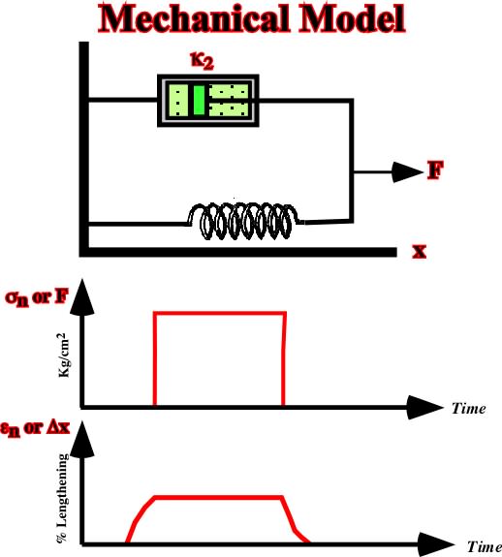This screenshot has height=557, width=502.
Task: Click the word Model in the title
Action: (353, 18)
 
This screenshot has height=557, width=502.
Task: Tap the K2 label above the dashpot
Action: (203, 61)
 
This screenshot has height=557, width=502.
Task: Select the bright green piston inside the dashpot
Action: (199, 100)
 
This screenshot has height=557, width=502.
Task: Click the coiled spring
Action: (244, 221)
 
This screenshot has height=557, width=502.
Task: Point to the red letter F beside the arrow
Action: (435, 170)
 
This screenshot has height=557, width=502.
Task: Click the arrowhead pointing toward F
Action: (408, 172)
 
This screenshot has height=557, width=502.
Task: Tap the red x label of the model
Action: (420, 251)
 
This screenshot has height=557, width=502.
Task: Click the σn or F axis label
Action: (37, 297)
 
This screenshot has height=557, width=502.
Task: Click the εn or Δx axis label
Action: (35, 428)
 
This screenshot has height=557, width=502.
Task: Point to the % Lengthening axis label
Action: (62, 498)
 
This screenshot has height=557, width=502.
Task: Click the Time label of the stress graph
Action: (469, 409)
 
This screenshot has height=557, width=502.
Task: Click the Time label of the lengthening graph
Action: (484, 546)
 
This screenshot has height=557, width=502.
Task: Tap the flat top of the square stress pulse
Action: (220, 313)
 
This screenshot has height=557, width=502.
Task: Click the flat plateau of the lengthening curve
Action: (219, 497)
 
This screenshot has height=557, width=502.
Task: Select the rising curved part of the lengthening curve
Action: (140, 517)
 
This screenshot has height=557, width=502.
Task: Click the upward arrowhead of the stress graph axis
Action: (82, 297)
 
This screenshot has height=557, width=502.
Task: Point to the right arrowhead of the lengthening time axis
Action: (435, 543)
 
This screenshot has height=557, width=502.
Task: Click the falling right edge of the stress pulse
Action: (284, 358)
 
